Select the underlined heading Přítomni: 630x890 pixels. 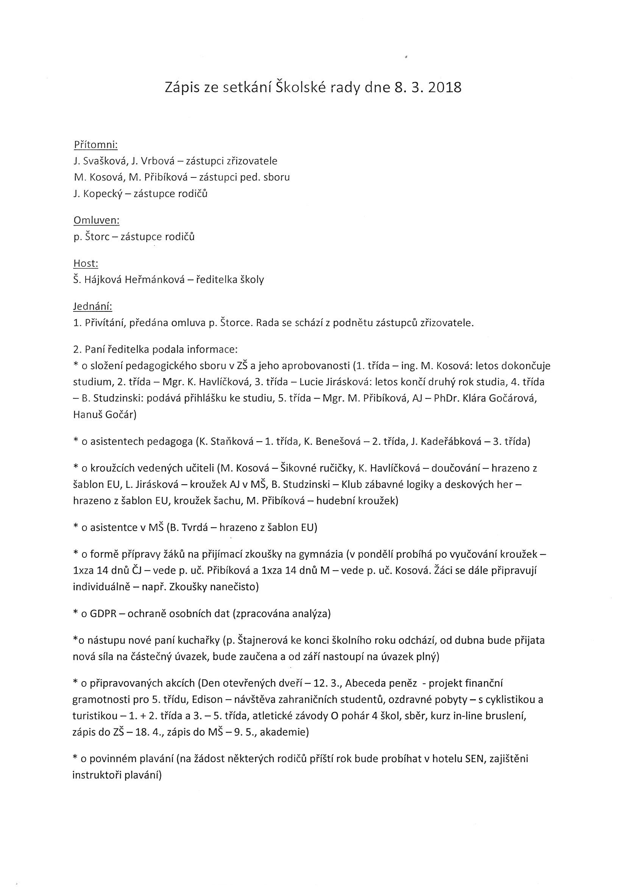tap(95, 145)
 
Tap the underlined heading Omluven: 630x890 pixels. tap(96, 220)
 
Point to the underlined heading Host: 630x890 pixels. tap(86, 264)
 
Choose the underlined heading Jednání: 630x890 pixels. tap(93, 307)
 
